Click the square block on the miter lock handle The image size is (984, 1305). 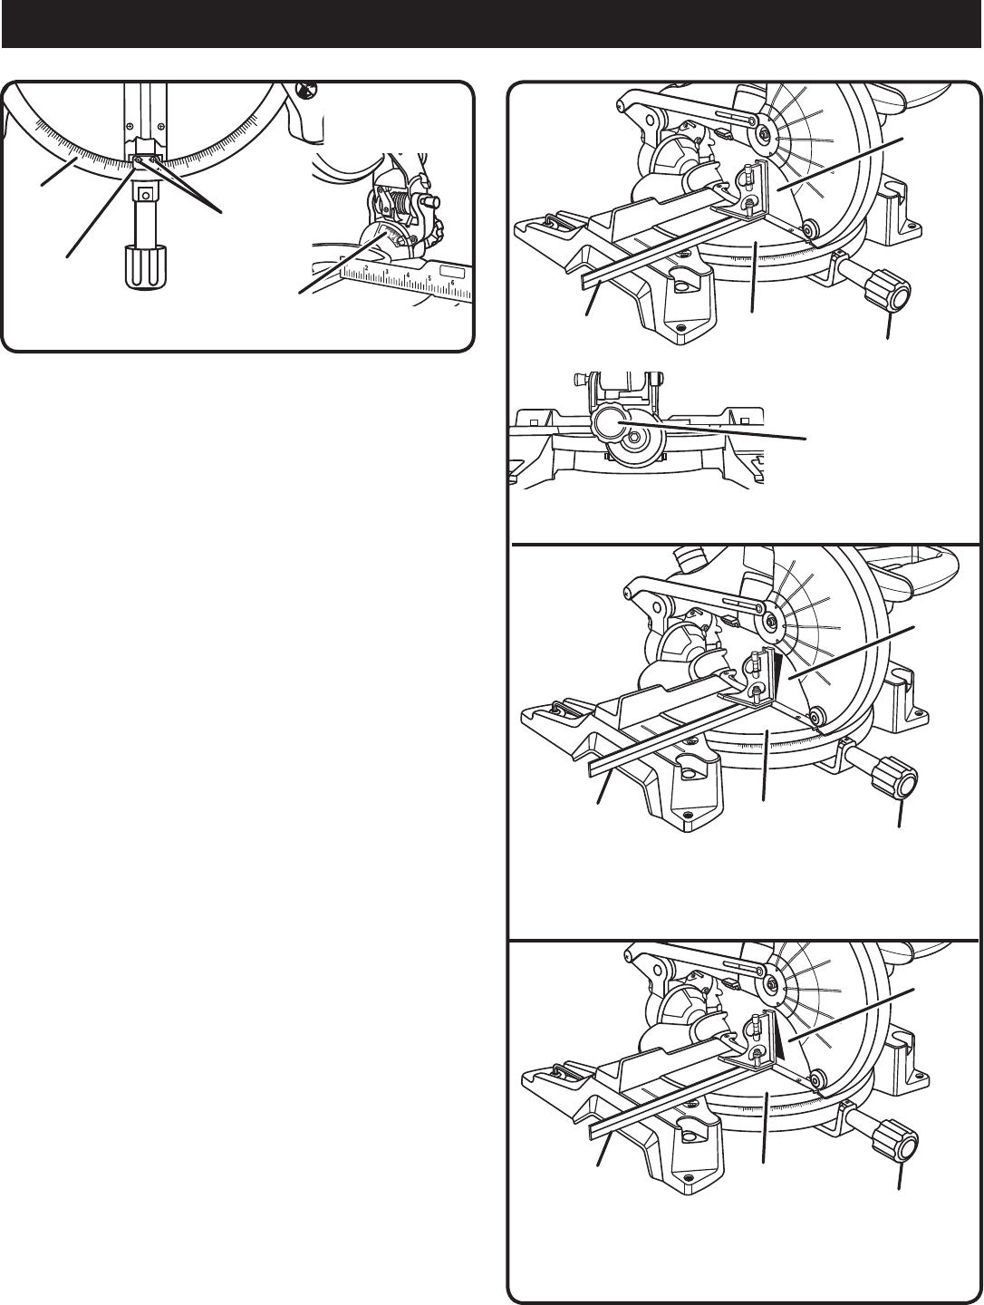[144, 192]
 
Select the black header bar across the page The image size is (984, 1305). [492, 24]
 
